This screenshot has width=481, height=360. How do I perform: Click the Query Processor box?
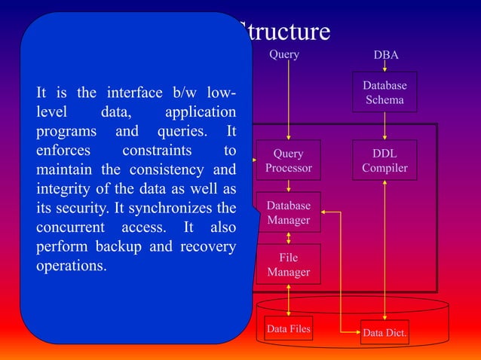[288, 160]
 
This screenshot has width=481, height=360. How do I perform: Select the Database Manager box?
[288, 212]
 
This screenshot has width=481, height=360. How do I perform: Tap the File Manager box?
[288, 264]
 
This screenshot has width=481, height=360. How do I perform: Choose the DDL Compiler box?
[384, 160]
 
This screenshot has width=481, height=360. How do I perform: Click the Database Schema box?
[384, 93]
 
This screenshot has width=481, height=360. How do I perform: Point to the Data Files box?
[288, 328]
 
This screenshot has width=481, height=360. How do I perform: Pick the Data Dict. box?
[384, 332]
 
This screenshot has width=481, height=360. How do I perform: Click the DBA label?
[386, 56]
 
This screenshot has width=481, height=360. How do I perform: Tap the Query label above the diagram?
[284, 54]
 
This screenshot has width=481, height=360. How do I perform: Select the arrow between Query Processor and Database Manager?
[289, 185]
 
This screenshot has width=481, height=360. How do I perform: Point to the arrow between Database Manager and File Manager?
[289, 238]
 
